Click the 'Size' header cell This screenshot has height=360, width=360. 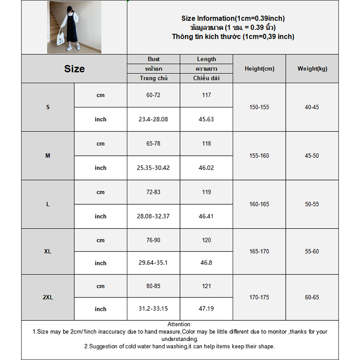[74, 69]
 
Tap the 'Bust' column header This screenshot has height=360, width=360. [153, 59]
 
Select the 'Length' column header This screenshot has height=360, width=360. [207, 59]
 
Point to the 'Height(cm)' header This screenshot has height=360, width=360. [259, 69]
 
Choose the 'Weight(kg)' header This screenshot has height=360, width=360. [312, 69]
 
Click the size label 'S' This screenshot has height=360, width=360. [48, 107]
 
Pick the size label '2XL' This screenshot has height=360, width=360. [48, 297]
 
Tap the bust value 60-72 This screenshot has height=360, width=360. [153, 95]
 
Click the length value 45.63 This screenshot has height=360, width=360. [207, 119]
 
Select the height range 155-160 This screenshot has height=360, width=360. [259, 156]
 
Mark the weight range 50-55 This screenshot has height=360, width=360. [312, 204]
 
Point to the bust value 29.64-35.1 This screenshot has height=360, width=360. [153, 263]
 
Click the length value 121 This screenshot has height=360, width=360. [207, 286]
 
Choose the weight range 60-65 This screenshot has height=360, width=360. [312, 297]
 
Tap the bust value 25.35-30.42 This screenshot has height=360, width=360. [153, 168]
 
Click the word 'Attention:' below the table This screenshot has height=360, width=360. [180, 324]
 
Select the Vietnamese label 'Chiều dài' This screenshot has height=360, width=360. [207, 78]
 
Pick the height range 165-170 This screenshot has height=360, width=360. [259, 252]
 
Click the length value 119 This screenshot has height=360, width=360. [207, 192]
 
